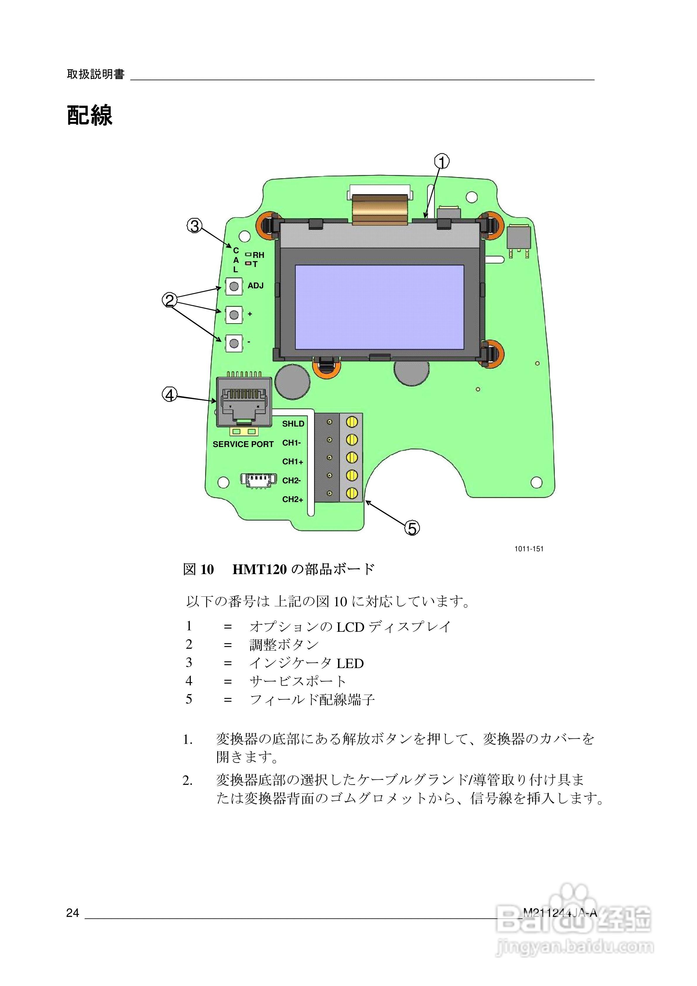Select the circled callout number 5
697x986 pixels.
coord(412,528)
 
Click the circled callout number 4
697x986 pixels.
coord(169,394)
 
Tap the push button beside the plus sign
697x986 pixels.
coord(234,315)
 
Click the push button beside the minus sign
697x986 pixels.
coord(234,343)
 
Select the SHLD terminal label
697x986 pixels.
coord(293,424)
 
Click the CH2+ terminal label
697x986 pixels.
coord(292,499)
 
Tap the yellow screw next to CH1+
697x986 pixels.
coord(352,457)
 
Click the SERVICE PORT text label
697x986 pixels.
coord(243,444)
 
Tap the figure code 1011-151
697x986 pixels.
coord(529,549)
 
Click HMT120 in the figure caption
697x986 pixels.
coord(259,569)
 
